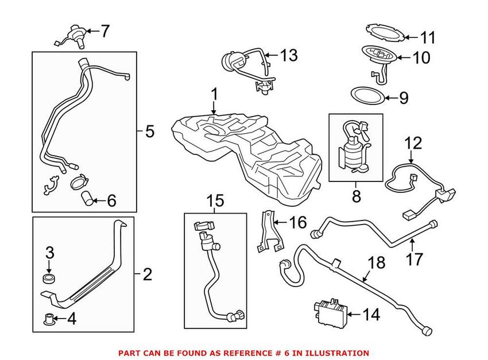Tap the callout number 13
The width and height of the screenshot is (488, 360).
[x=289, y=56]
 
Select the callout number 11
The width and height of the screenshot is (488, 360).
[x=427, y=38]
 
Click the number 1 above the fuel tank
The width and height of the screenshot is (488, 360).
[x=214, y=94]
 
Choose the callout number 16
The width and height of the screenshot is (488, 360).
[x=299, y=222]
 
